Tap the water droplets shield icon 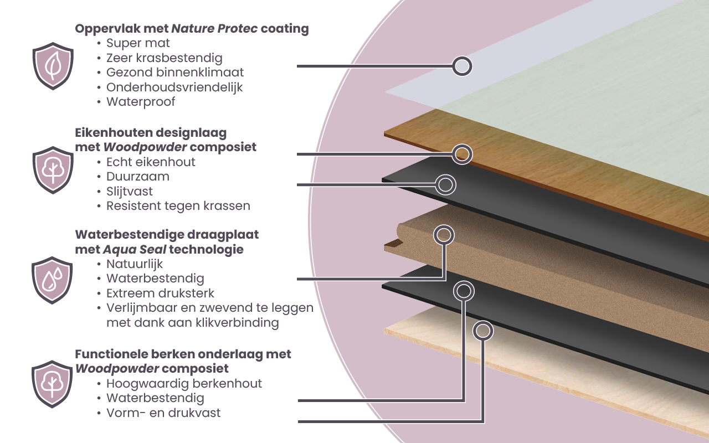(x=53, y=280)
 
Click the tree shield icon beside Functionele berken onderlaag (x=53, y=384)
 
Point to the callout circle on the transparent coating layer (x=462, y=66)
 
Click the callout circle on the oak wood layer (x=462, y=154)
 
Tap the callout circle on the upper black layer (x=445, y=184)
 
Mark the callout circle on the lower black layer (x=464, y=291)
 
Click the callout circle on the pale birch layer (x=483, y=331)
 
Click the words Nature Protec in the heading (x=214, y=29)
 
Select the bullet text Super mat (x=138, y=43)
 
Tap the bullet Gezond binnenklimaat (x=175, y=73)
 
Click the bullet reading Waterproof (x=141, y=102)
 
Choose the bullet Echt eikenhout (x=151, y=162)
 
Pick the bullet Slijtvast (x=130, y=192)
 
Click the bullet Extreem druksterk (x=160, y=293)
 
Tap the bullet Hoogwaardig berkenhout (x=184, y=383)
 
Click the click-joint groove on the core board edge (x=393, y=243)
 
